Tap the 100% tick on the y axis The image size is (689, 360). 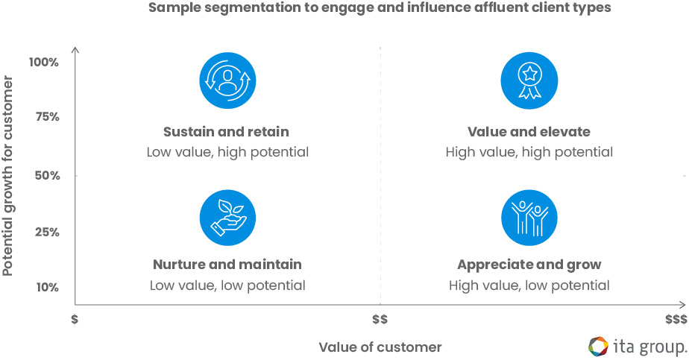[44, 62]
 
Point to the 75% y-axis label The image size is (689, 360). [46, 118]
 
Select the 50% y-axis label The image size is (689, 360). [45, 176]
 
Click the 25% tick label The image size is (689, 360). [45, 232]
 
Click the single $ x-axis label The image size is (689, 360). [75, 319]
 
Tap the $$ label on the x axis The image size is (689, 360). [380, 319]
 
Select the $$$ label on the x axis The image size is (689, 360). [676, 319]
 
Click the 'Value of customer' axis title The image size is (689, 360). [380, 347]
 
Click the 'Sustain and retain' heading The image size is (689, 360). [226, 132]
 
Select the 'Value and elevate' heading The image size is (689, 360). [529, 132]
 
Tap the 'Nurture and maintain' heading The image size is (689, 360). [227, 265]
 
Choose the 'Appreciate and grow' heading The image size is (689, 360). [529, 265]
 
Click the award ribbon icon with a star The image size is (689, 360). [529, 80]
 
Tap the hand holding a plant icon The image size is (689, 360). [227, 218]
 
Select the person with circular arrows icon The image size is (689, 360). [227, 80]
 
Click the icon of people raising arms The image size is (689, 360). [529, 218]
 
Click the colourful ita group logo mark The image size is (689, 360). [598, 347]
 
